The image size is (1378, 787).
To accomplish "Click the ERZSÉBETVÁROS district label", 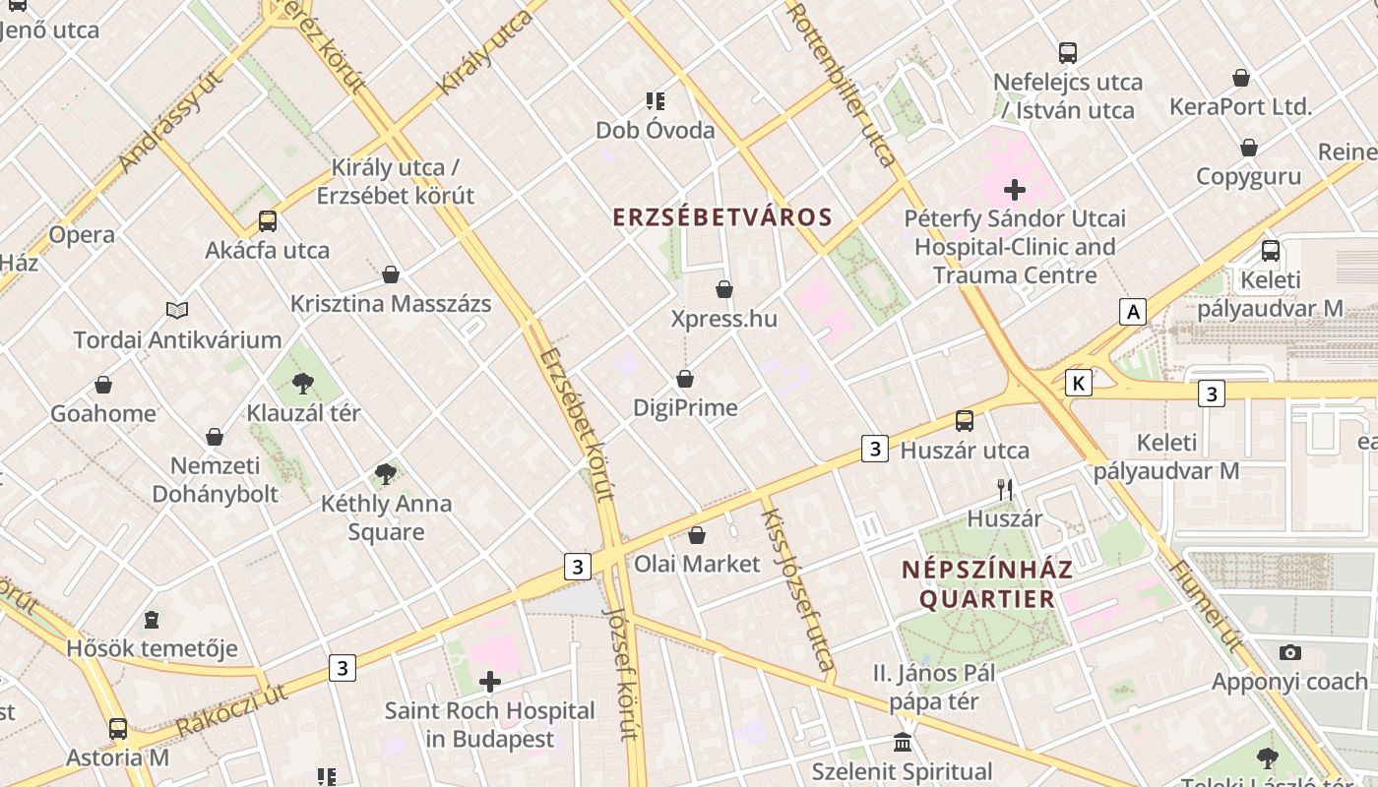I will coord(722,217).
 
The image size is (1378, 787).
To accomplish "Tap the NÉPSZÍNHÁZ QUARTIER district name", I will coord(987,584).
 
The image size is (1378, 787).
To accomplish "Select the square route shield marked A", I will coord(1134,312).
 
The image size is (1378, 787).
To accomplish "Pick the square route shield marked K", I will coord(1079,383).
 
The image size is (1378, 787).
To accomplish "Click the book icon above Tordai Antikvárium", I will coord(177,311).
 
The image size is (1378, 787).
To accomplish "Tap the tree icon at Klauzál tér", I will coord(303,384).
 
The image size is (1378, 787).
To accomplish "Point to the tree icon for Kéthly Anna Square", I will coord(386,474).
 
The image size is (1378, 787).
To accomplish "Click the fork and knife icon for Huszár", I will coord(1005,489).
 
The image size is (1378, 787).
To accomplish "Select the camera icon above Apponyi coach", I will coord(1289,652).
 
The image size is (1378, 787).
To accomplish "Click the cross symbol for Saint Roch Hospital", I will coord(489,681).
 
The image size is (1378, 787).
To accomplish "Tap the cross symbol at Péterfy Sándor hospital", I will coord(1015,189).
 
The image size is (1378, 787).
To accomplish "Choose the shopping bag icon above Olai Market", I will coord(697,535).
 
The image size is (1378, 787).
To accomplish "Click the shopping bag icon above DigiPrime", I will coord(685,379).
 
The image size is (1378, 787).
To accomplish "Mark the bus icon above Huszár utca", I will coord(965,421).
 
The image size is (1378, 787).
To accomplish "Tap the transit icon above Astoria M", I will coord(118,729).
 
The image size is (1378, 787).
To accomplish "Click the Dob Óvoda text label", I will coord(656,130).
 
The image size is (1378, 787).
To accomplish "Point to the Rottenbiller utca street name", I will coord(843,85).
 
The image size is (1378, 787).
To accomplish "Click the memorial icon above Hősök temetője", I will coord(152,620).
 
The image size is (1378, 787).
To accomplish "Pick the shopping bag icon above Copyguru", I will coord(1249,148).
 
